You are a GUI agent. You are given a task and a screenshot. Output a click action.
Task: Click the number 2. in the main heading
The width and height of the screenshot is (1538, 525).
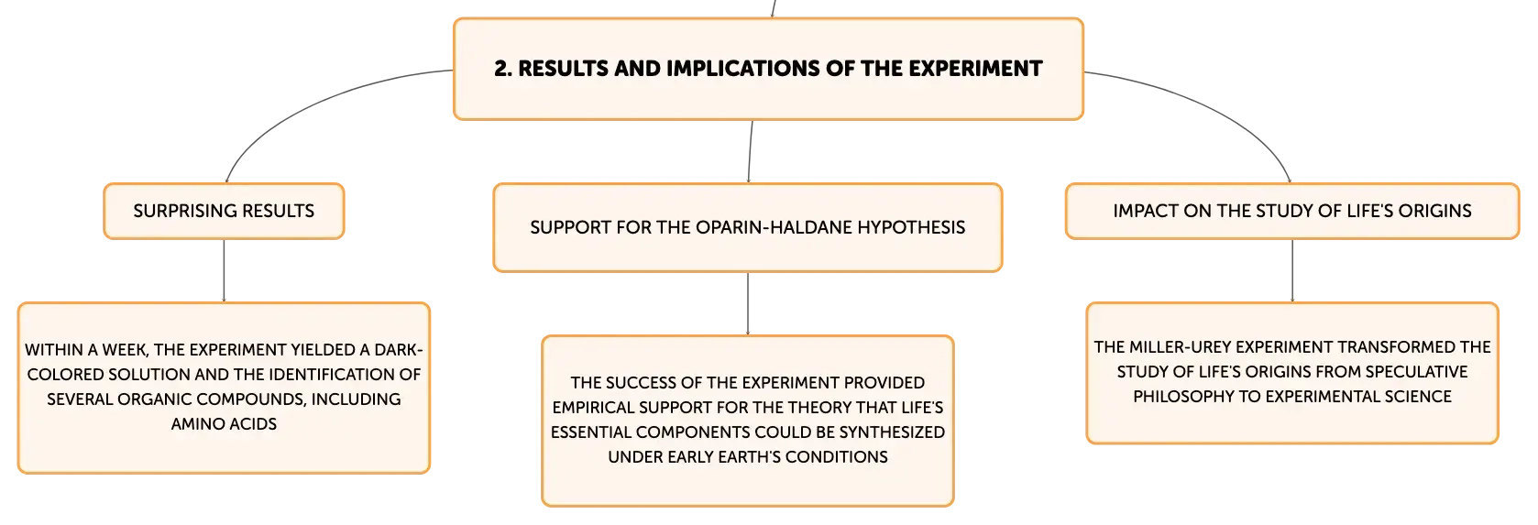click(503, 69)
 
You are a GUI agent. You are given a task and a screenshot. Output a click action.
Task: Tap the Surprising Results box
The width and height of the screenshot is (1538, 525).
click(224, 211)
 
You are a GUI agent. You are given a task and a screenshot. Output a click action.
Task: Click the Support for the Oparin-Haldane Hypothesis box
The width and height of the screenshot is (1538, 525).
click(748, 227)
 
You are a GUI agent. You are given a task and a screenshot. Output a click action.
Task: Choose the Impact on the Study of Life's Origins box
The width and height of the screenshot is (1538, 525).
click(1292, 211)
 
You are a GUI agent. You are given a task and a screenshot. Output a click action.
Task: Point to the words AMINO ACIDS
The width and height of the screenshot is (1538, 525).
click(224, 424)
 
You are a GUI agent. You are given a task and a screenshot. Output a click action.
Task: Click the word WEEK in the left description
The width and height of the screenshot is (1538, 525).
click(125, 350)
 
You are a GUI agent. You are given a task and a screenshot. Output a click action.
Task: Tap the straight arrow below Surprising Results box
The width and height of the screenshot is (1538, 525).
click(224, 270)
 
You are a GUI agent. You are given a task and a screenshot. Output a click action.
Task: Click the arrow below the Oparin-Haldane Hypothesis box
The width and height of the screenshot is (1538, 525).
click(748, 303)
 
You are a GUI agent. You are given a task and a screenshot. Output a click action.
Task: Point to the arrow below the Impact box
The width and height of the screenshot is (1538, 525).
click(1292, 270)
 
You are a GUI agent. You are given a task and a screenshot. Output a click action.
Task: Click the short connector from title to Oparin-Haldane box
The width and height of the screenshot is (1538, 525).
click(750, 152)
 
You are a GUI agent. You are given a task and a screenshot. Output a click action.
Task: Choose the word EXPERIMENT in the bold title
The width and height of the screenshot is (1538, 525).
click(975, 69)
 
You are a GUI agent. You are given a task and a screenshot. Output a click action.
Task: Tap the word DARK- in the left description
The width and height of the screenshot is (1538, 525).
click(398, 350)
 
